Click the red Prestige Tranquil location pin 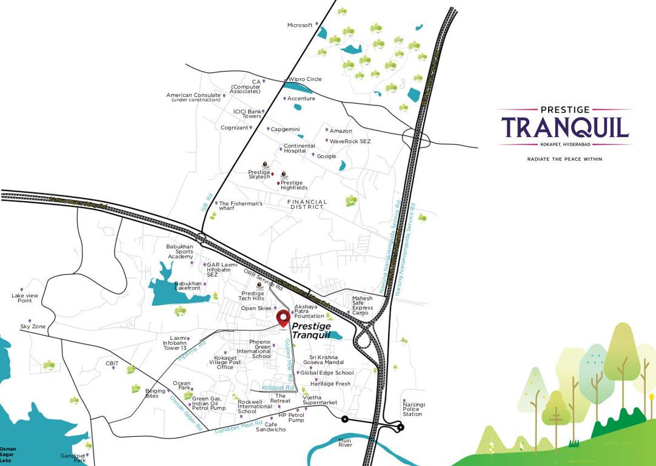pos(283,318)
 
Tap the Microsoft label pos(300,25)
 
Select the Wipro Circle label pos(306,79)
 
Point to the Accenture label pos(301,98)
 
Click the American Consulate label pos(193,97)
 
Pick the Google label pos(326,156)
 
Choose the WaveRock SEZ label pos(350,141)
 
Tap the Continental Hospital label pos(300,148)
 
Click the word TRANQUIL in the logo pos(564,128)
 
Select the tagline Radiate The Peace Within pos(564,159)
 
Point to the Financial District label pos(307,204)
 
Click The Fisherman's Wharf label pos(241,206)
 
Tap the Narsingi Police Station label pos(412,408)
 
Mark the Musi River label pos(345,442)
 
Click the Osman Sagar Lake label pos(8,454)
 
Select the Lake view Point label pos(25,298)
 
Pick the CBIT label pos(112,363)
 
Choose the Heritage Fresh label pos(330,383)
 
